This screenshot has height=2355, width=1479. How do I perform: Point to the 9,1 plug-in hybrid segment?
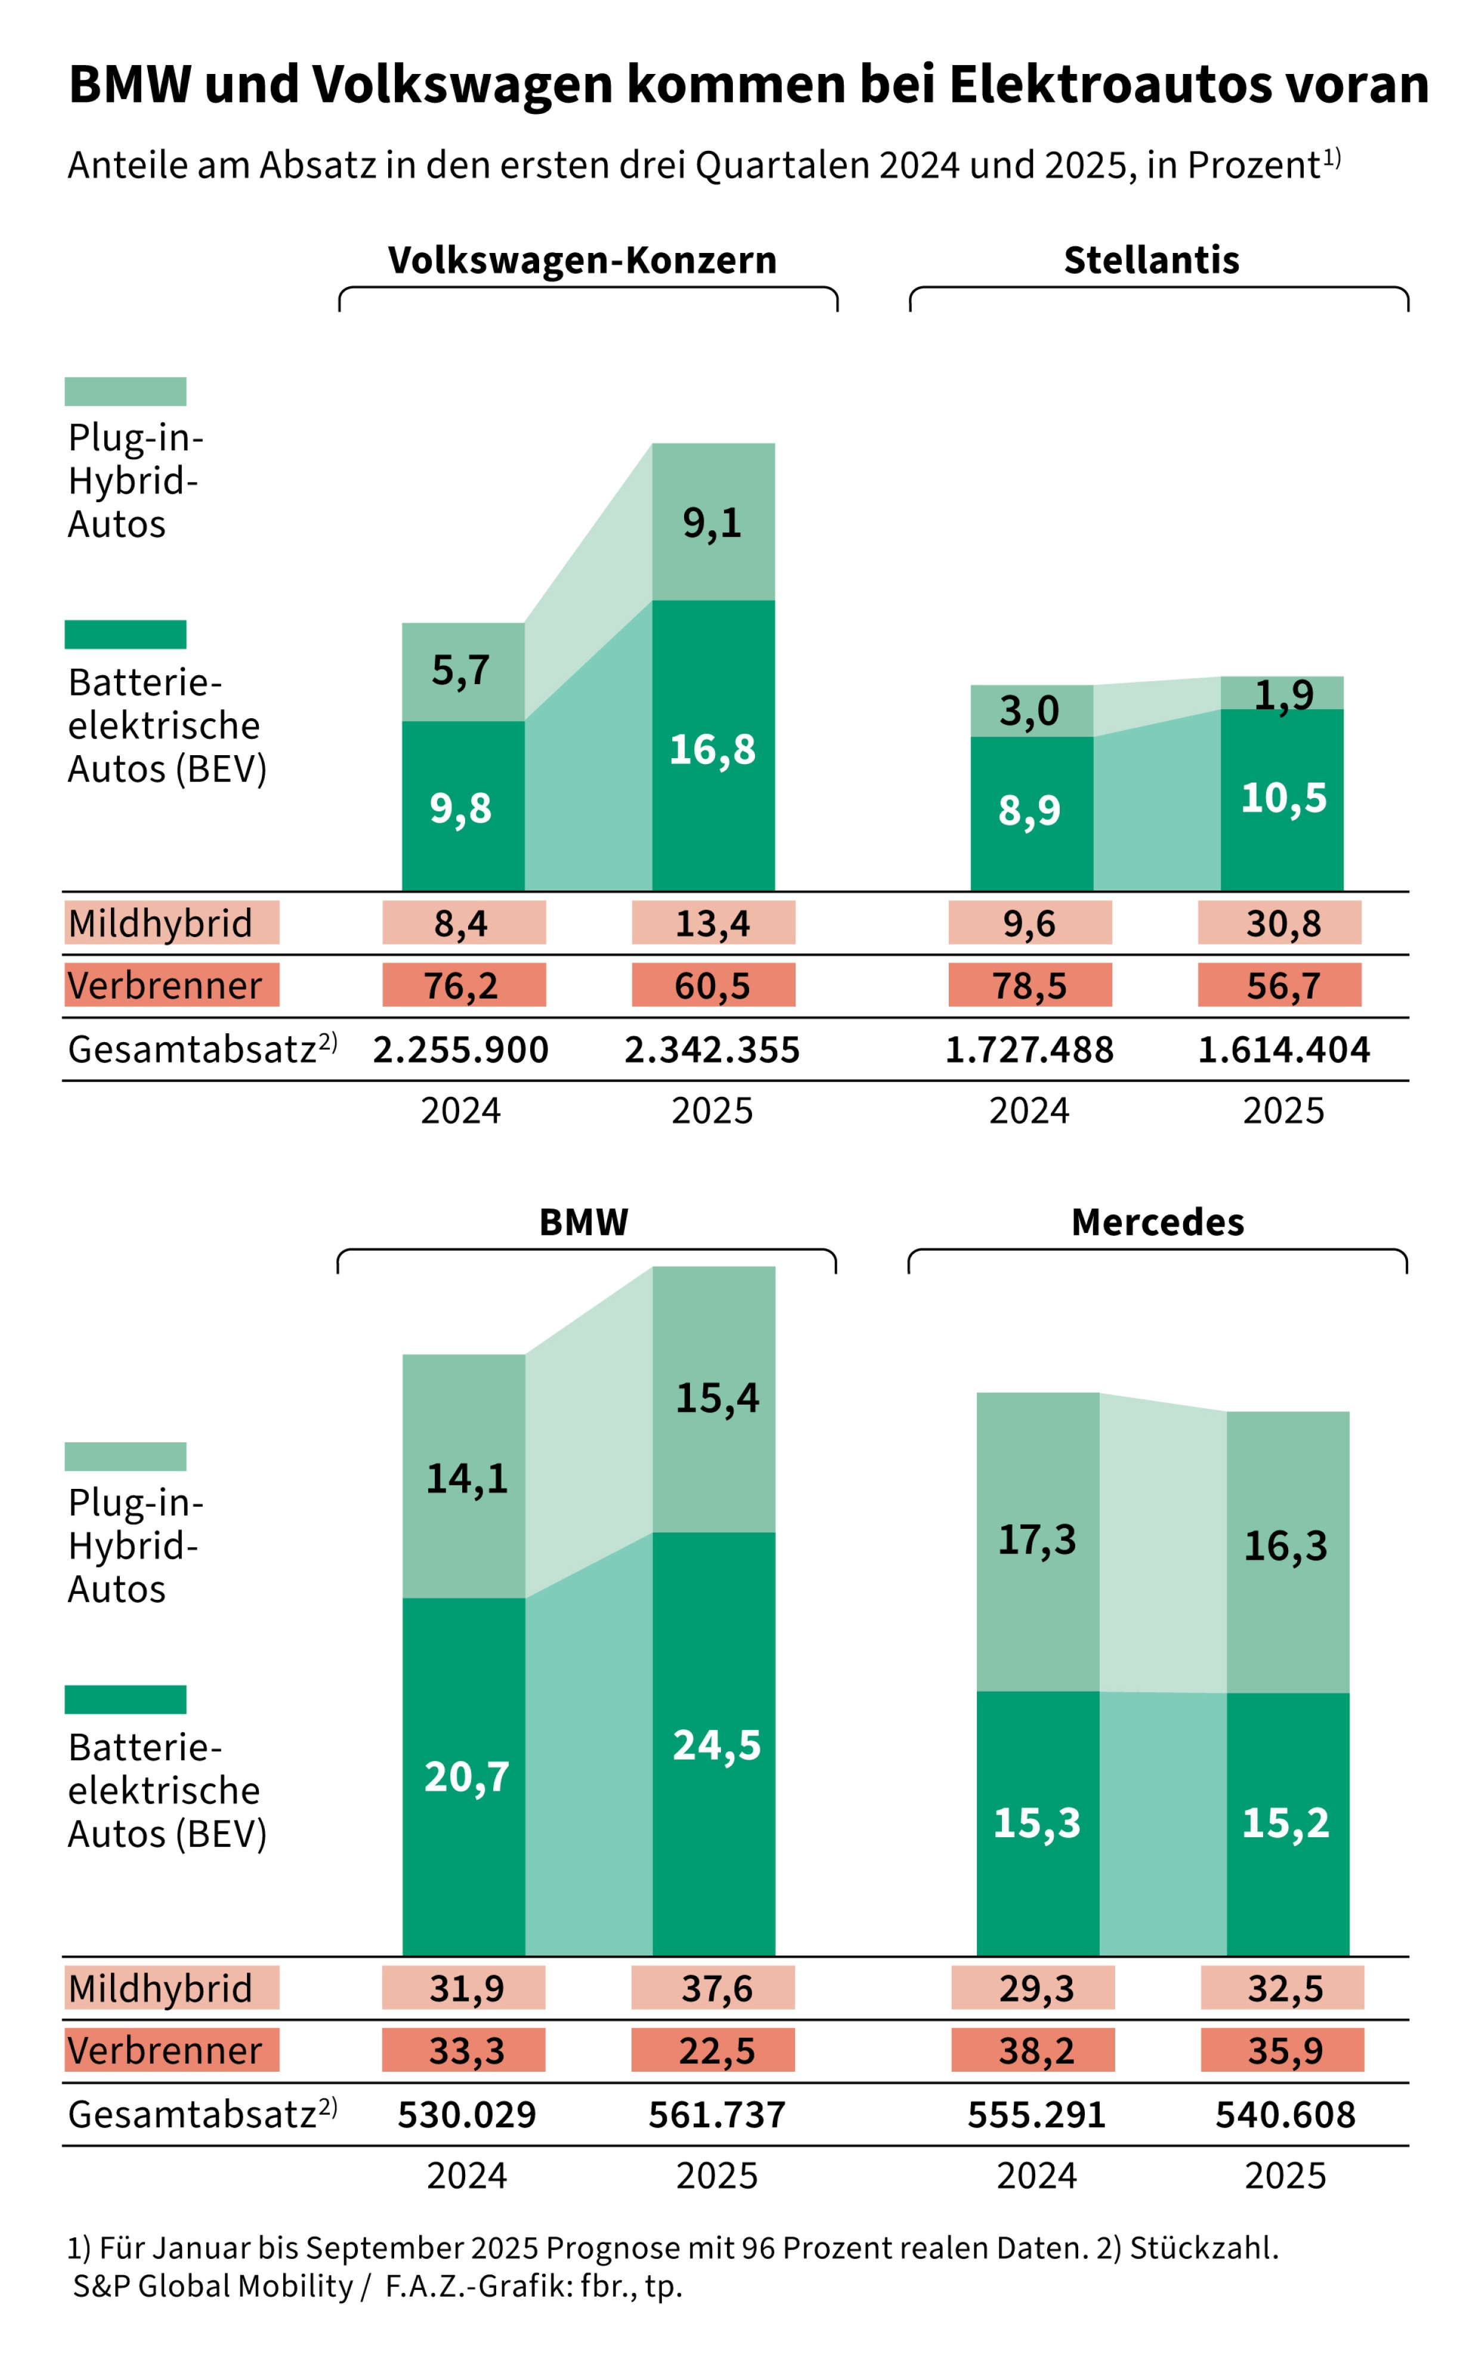713,523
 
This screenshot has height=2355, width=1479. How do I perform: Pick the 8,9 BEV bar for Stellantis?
1031,810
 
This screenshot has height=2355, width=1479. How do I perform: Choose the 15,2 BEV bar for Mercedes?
1286,1821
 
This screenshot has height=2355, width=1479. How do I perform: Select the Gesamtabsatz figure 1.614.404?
1283,1049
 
